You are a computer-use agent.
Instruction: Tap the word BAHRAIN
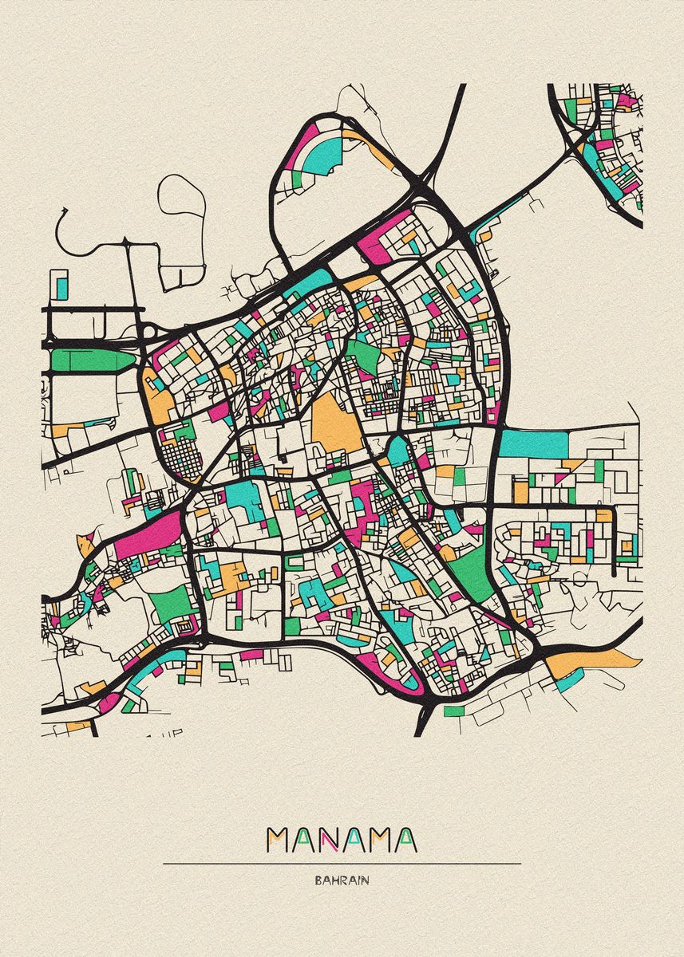point(342,881)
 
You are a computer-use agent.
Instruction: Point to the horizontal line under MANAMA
point(342,863)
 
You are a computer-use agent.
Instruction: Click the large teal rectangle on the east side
point(533,443)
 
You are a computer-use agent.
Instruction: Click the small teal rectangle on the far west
point(61,284)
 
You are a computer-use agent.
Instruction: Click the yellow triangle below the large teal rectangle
point(572,463)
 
